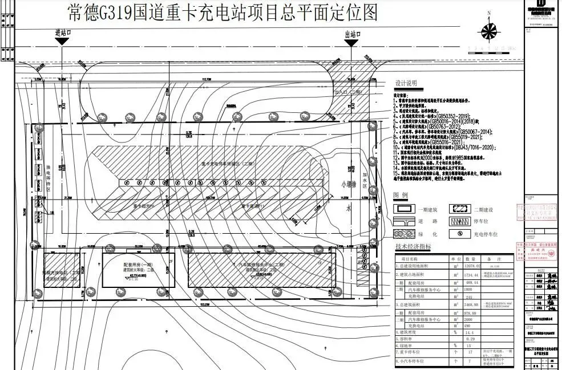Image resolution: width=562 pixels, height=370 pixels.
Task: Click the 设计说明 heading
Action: pyautogui.click(x=406, y=82)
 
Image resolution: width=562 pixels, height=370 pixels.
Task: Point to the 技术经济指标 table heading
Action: pyautogui.click(x=413, y=246)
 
